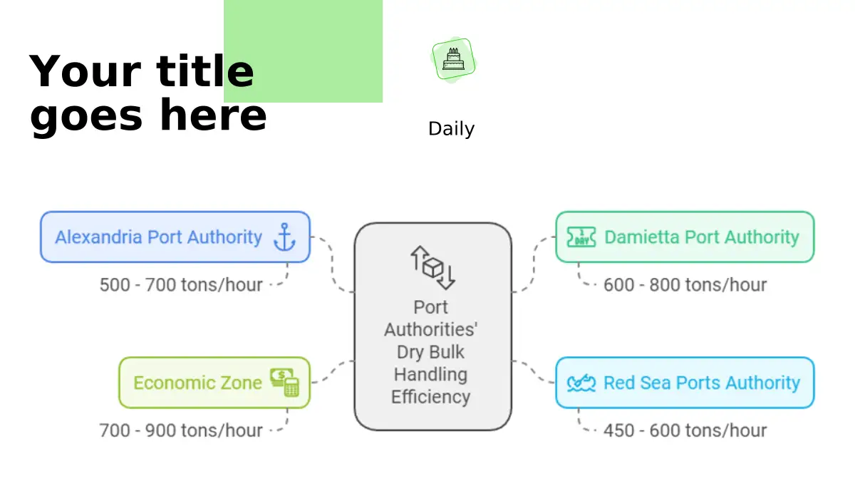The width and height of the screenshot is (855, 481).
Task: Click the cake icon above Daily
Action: (453, 60)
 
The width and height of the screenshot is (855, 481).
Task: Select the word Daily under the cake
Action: (451, 129)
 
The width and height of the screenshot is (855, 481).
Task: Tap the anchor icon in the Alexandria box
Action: (284, 237)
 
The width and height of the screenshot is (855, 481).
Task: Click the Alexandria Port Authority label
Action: (158, 237)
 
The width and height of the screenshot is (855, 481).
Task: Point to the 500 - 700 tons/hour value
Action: (181, 285)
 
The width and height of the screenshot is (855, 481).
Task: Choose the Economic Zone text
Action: (197, 383)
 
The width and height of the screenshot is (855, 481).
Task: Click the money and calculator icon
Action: (284, 383)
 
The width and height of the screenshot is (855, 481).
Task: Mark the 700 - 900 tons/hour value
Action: (181, 430)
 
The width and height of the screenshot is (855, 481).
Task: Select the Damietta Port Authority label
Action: (701, 237)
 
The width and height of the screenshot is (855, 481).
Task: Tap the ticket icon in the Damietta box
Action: (581, 237)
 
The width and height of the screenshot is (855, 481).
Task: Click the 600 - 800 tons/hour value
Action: (685, 285)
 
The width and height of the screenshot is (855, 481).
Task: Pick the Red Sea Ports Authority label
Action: (701, 383)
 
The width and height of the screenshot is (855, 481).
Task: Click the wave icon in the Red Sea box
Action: (581, 383)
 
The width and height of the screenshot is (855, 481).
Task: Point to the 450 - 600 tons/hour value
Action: (685, 430)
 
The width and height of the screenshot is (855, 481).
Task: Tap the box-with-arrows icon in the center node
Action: (432, 267)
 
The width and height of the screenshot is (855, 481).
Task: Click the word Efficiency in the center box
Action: (430, 397)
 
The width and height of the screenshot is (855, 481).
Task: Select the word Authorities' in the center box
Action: (430, 329)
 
